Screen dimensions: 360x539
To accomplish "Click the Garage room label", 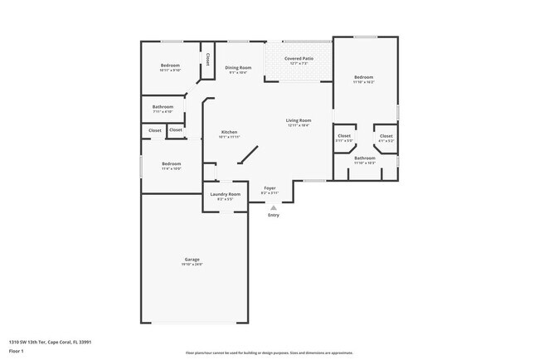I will [192, 260].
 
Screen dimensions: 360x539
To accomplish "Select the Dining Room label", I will [238, 68].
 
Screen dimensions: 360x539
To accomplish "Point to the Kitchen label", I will [230, 133].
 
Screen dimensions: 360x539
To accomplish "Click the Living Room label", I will [299, 120].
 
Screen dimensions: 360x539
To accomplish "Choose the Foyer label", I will [270, 188].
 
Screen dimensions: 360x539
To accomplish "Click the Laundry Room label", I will [225, 194].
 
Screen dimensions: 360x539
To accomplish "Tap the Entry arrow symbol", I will [274, 207].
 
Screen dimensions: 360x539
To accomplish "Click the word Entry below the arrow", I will [274, 216].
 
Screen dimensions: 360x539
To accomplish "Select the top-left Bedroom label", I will [170, 65].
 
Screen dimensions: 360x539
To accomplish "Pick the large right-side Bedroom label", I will [364, 77].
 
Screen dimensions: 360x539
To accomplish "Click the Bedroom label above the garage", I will [172, 163].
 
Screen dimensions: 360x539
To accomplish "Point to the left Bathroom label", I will [163, 106].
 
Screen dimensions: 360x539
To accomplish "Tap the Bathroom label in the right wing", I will [365, 158].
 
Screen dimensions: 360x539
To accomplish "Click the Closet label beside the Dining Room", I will [207, 60].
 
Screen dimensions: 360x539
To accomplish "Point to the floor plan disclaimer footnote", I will [269, 353].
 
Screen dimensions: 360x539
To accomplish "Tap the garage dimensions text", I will [192, 265].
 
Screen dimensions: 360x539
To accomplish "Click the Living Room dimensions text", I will [299, 125].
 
